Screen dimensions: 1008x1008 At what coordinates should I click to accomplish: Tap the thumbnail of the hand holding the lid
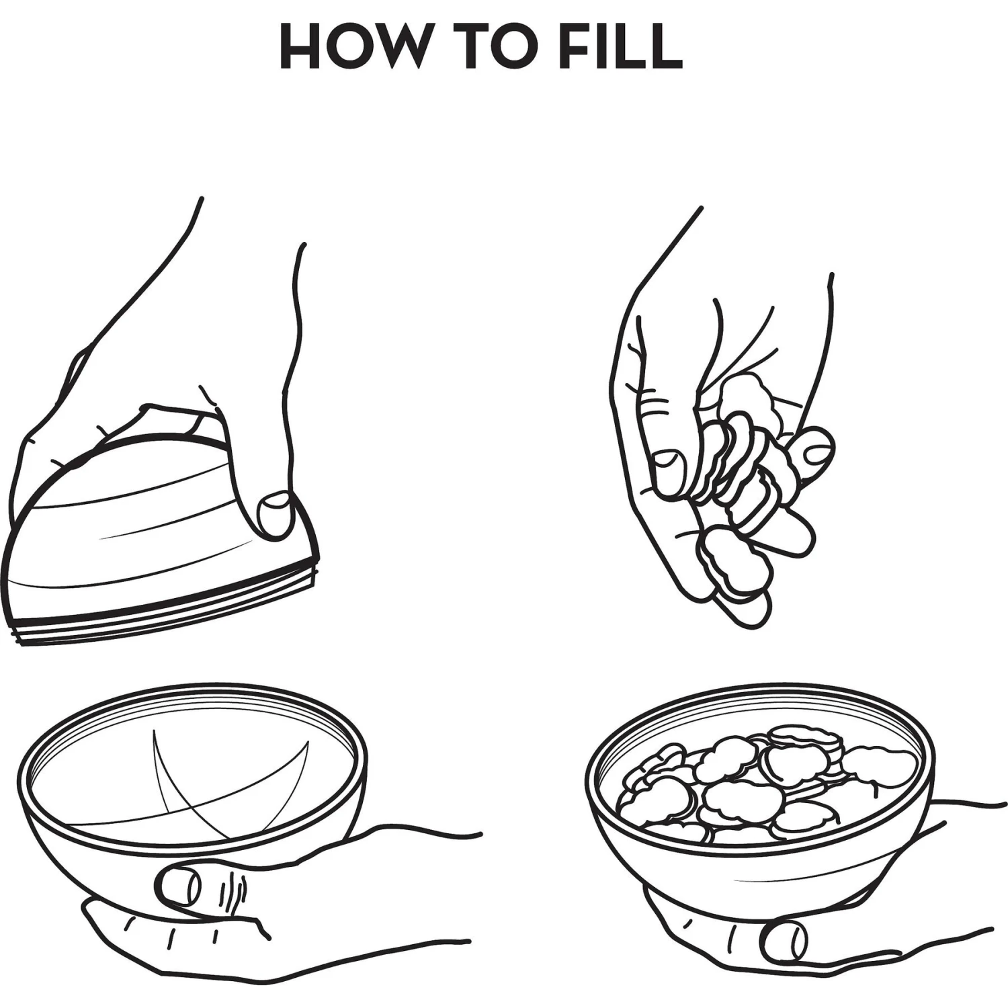[x=276, y=514]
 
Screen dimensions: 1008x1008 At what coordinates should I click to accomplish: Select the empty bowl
[x=192, y=773]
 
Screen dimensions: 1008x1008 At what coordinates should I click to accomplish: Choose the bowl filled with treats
[x=759, y=780]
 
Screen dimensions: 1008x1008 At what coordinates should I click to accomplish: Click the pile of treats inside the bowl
[x=766, y=783]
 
